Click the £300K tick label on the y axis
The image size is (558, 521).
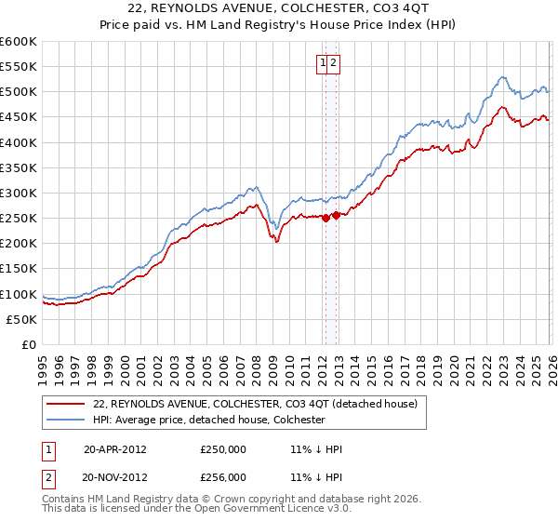coord(18,194)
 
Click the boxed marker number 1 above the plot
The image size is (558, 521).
coord(323,63)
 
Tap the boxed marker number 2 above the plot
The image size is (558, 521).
coord(333,63)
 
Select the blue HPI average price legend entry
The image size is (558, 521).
coord(209,420)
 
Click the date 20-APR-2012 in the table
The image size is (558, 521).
coord(114,448)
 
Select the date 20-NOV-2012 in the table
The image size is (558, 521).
coord(114,476)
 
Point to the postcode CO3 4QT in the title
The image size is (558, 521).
coord(379,7)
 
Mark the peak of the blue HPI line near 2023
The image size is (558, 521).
coord(502,77)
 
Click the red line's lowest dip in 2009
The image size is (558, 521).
coord(277,242)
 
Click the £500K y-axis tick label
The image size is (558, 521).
coord(18,92)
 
